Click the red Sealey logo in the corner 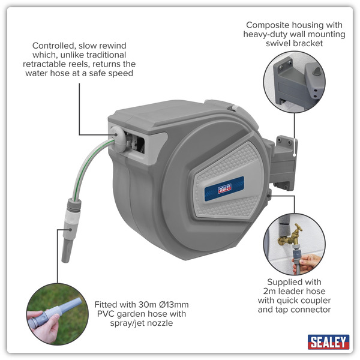click(328, 342)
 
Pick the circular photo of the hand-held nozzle click(53, 316)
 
